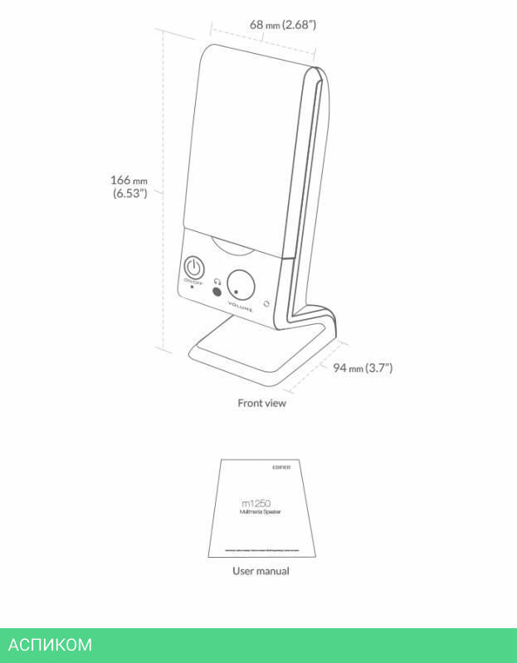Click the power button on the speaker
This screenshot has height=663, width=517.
tap(193, 268)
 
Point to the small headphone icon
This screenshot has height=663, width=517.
tap(217, 280)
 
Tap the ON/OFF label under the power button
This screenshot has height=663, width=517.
tap(193, 282)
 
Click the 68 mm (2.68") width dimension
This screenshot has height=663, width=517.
tap(283, 25)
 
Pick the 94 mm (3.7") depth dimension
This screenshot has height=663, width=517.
tap(363, 367)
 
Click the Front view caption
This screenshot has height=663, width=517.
tap(261, 404)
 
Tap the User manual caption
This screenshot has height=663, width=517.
tap(261, 571)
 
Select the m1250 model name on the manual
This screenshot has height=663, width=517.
tap(256, 502)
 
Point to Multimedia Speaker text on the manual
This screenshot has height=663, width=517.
tap(260, 513)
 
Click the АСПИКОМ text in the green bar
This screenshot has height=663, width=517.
tap(50, 645)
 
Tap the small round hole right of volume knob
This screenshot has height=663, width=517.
tap(266, 303)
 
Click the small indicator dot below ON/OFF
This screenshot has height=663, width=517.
tap(193, 287)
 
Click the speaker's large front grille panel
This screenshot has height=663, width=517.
tap(241, 141)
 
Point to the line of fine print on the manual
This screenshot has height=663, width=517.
tap(261, 549)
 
